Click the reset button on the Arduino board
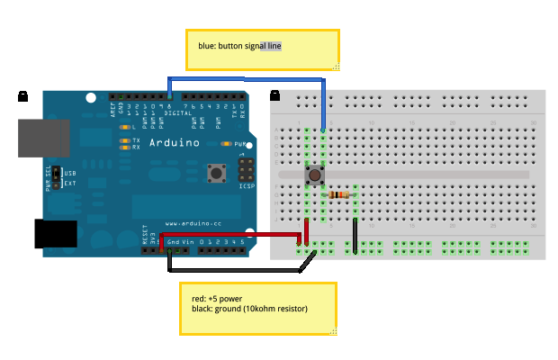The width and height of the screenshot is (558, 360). pyautogui.click(x=216, y=171)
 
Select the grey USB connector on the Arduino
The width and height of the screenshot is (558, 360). pyautogui.click(x=40, y=135)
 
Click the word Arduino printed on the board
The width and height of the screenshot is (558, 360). pyautogui.click(x=171, y=142)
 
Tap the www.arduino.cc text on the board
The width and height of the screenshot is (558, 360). pyautogui.click(x=189, y=222)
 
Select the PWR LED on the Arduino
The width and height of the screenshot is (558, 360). pyautogui.click(x=229, y=143)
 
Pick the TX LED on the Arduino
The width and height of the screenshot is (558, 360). pyautogui.click(x=125, y=140)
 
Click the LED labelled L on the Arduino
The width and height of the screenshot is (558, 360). pyautogui.click(x=125, y=129)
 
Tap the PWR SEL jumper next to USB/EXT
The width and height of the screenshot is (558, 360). pyautogui.click(x=56, y=175)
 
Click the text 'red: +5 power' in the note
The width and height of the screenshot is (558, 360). pyautogui.click(x=217, y=298)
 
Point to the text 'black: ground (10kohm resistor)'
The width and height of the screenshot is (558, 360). pyautogui.click(x=249, y=309)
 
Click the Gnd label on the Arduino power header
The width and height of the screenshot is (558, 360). pyautogui.click(x=172, y=242)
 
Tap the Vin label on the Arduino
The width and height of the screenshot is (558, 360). pyautogui.click(x=187, y=242)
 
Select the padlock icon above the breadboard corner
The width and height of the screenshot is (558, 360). pyautogui.click(x=274, y=93)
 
